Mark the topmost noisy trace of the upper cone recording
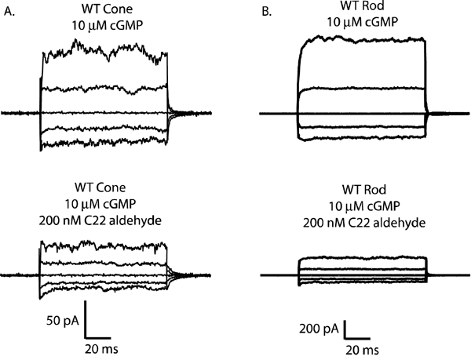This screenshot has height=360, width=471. click(102, 52)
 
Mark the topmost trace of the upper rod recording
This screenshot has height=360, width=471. click(361, 38)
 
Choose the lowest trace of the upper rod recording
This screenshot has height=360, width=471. click(361, 139)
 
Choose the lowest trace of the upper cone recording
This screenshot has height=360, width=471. click(102, 144)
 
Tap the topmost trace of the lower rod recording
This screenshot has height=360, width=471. click(361, 258)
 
